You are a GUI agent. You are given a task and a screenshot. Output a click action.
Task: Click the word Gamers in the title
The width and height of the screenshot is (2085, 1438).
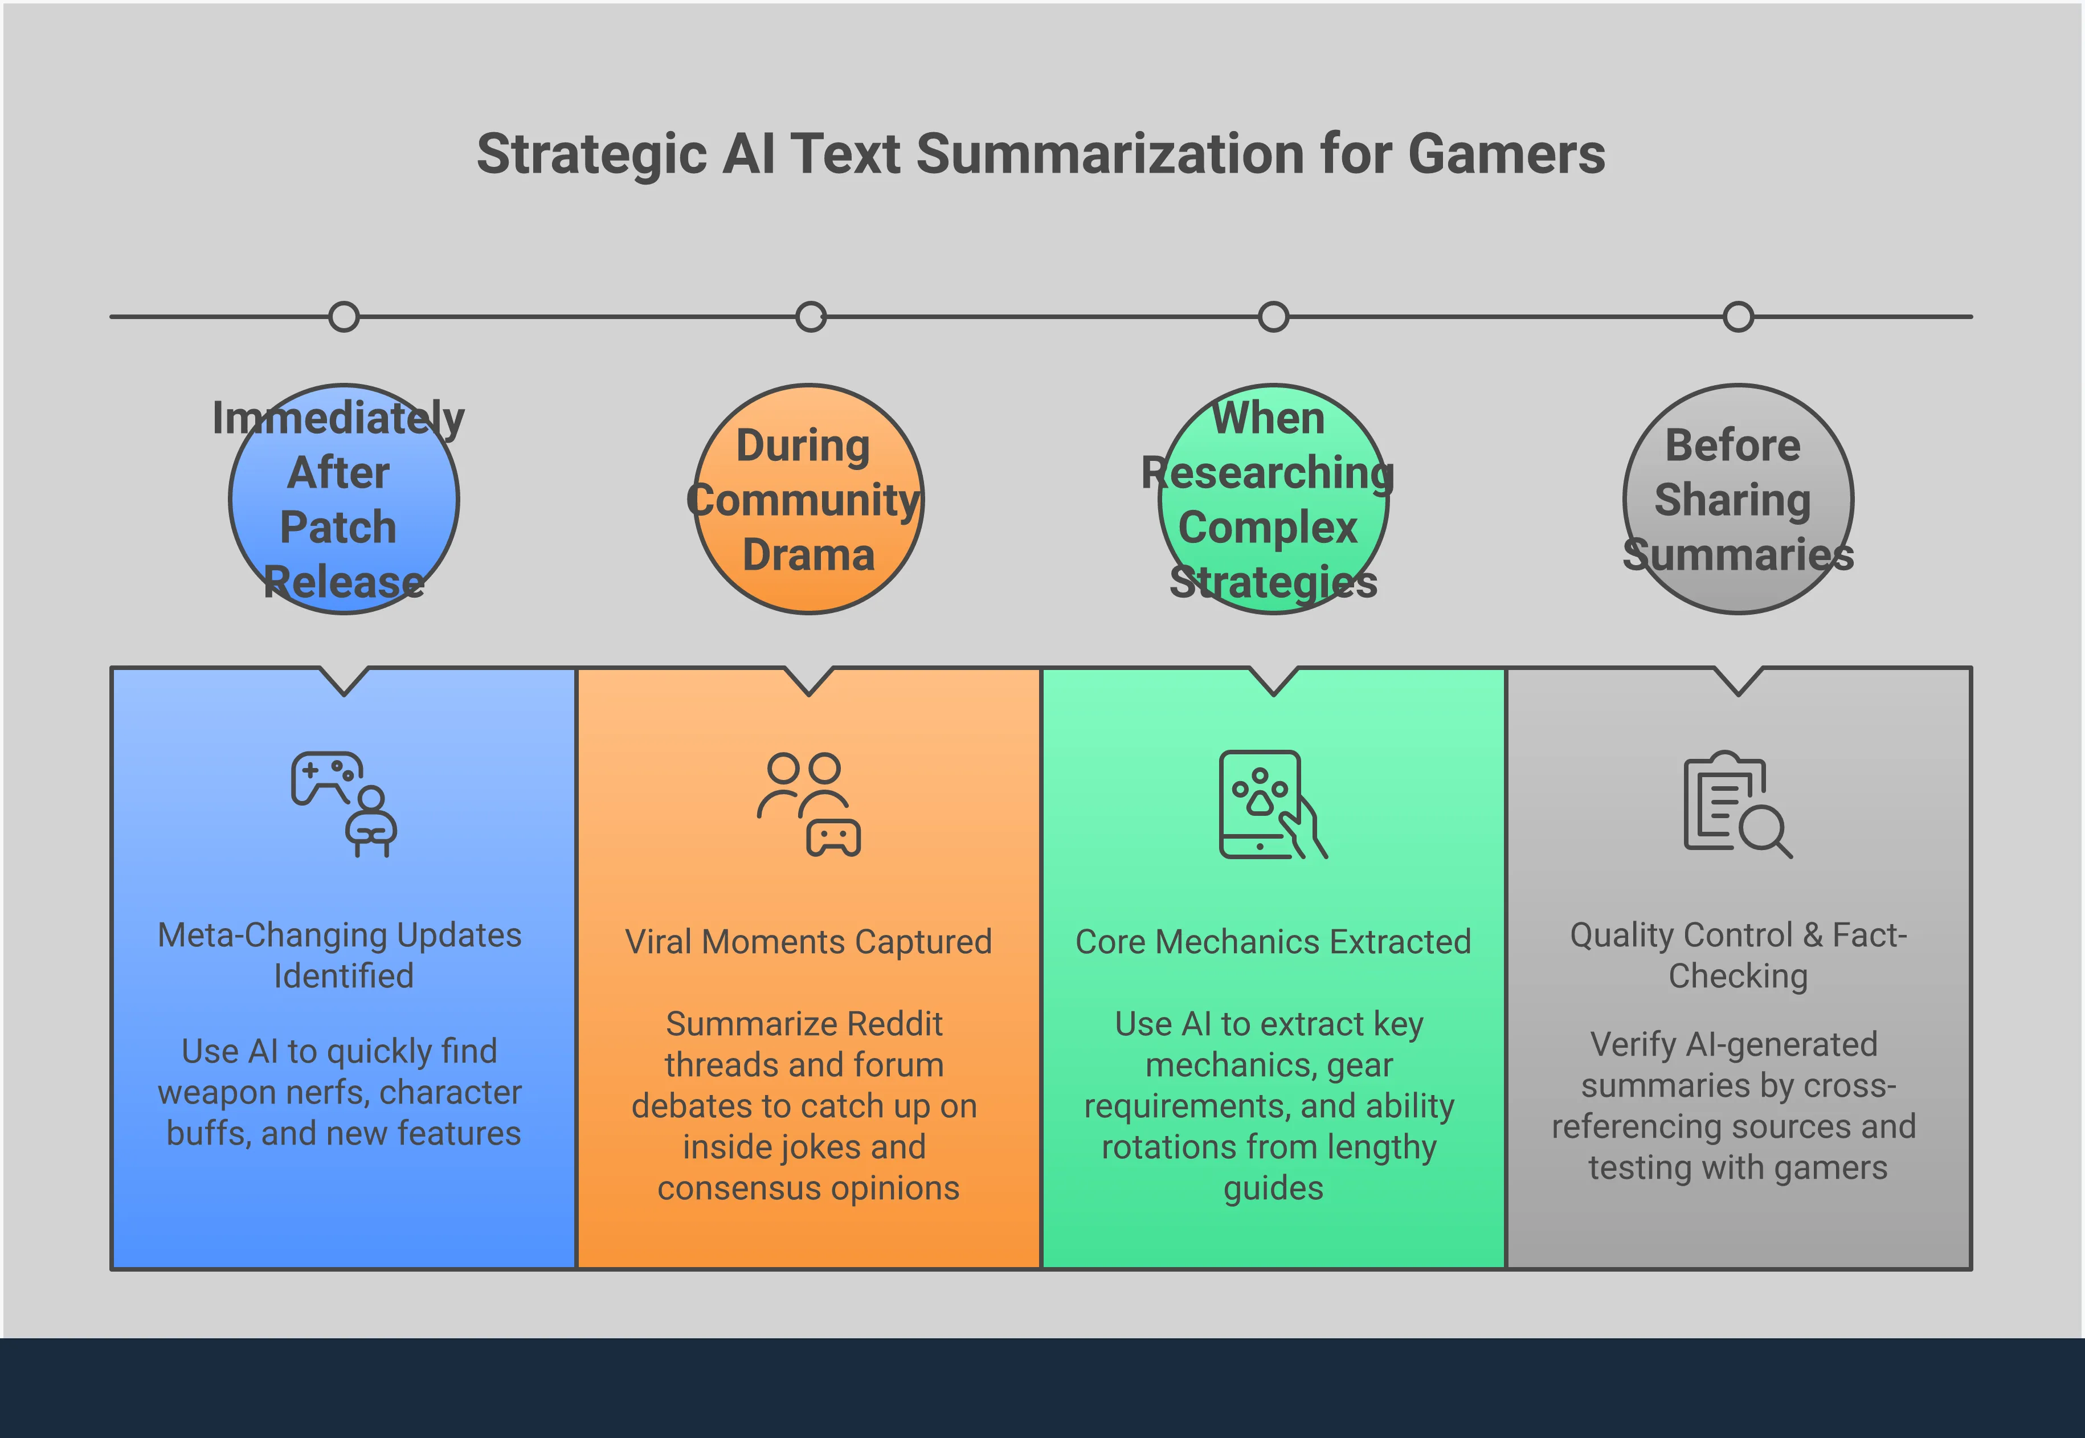[1506, 153]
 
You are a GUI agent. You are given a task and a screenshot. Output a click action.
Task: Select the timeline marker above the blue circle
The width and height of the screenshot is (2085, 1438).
[344, 317]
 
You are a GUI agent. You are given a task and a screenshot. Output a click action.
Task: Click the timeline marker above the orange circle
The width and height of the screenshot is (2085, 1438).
[811, 317]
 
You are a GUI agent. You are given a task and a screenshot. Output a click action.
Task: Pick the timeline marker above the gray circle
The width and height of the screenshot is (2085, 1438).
[1738, 317]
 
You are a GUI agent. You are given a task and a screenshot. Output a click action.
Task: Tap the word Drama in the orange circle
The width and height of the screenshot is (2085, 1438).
[808, 555]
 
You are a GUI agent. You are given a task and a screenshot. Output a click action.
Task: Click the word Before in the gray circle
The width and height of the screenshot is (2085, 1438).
[1733, 445]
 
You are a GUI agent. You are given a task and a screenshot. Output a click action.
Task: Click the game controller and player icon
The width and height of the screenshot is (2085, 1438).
[344, 804]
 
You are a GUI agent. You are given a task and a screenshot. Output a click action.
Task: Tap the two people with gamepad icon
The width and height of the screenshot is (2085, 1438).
[809, 804]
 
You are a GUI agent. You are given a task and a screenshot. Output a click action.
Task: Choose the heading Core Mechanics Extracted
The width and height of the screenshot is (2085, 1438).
[1273, 942]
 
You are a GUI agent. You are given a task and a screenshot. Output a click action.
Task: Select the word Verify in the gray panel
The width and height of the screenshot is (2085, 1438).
[1631, 1044]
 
